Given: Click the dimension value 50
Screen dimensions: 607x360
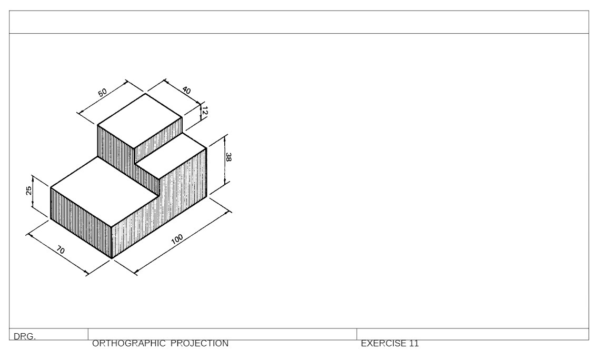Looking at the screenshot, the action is (103, 92).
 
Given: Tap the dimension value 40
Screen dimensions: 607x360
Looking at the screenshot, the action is (186, 90).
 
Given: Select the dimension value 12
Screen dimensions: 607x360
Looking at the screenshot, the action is (205, 111).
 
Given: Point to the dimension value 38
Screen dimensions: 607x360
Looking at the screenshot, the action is (228, 157).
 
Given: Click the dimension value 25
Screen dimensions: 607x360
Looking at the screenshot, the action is (29, 191).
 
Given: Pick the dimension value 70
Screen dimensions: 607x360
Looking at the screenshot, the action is (60, 251).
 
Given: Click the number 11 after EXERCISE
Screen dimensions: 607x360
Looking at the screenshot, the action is (413, 344).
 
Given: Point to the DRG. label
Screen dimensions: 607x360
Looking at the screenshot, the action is (25, 337).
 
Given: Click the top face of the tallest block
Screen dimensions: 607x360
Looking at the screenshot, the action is (140, 121).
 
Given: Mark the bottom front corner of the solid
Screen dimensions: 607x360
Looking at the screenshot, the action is (112, 258).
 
